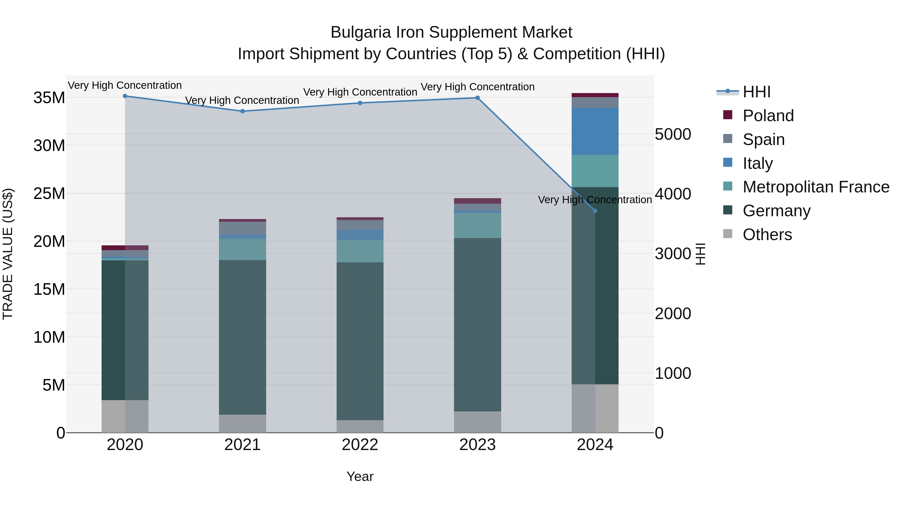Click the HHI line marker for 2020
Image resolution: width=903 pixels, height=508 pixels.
coord(125,96)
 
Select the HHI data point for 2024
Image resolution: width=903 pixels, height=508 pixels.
coord(595,211)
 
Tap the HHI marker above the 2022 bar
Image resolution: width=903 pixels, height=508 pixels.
coord(360,103)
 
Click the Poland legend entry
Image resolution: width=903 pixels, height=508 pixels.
coord(768,116)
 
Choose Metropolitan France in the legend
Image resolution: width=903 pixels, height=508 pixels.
coord(816,187)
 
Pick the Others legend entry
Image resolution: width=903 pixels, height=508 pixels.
coord(767,235)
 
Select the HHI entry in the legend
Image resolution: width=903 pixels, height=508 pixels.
coord(756,92)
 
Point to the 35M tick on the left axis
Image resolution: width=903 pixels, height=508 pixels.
coord(49,98)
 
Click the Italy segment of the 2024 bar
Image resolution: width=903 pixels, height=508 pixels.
coord(595,131)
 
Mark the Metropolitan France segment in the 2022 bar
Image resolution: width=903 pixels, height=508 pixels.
coord(360,251)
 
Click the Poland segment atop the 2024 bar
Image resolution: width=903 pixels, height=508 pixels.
coord(595,95)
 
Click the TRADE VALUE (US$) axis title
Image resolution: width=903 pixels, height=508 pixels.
coord(8,254)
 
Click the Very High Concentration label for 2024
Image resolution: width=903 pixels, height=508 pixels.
coord(595,200)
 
